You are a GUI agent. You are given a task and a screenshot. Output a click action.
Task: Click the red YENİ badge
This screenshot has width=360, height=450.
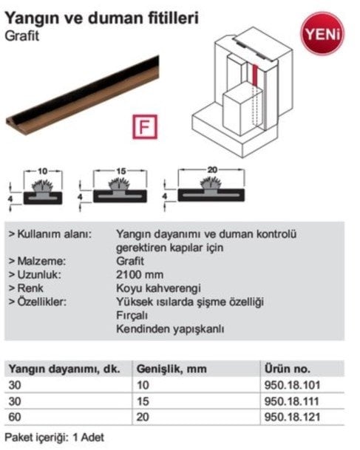322,33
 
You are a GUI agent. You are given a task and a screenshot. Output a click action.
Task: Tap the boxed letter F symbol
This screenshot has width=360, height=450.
145,126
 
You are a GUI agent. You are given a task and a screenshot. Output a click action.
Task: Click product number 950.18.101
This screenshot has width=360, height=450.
292,385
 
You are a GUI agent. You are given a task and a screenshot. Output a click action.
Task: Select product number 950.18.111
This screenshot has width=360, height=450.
292,401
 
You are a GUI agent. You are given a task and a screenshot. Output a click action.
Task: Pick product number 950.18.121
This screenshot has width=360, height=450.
292,417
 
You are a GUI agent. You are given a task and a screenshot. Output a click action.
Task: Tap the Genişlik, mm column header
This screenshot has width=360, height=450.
171,369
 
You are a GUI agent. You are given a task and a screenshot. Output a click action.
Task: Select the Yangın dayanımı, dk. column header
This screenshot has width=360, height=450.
64,369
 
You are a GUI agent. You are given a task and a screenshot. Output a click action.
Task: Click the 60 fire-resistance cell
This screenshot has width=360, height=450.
15,417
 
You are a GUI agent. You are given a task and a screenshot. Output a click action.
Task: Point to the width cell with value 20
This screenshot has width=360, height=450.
143,417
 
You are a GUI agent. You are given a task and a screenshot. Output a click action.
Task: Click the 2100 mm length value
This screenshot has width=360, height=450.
140,275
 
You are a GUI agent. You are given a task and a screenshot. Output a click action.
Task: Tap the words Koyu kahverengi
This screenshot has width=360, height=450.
158,288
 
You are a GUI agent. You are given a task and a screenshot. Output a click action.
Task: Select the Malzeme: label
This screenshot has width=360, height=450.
38,261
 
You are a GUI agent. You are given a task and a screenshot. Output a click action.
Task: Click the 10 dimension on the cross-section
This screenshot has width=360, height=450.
42,171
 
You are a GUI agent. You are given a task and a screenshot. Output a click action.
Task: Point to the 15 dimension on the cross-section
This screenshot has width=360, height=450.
121,171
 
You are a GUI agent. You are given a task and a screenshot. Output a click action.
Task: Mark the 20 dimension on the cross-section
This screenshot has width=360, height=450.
212,170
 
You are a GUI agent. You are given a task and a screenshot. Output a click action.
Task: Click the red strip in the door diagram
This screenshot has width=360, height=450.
255,76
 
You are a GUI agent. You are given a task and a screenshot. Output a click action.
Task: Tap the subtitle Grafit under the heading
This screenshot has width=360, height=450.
22,36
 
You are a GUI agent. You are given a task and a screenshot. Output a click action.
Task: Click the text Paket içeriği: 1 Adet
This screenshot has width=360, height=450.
55,437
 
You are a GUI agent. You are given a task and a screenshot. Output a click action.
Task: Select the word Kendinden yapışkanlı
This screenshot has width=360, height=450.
170,329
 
